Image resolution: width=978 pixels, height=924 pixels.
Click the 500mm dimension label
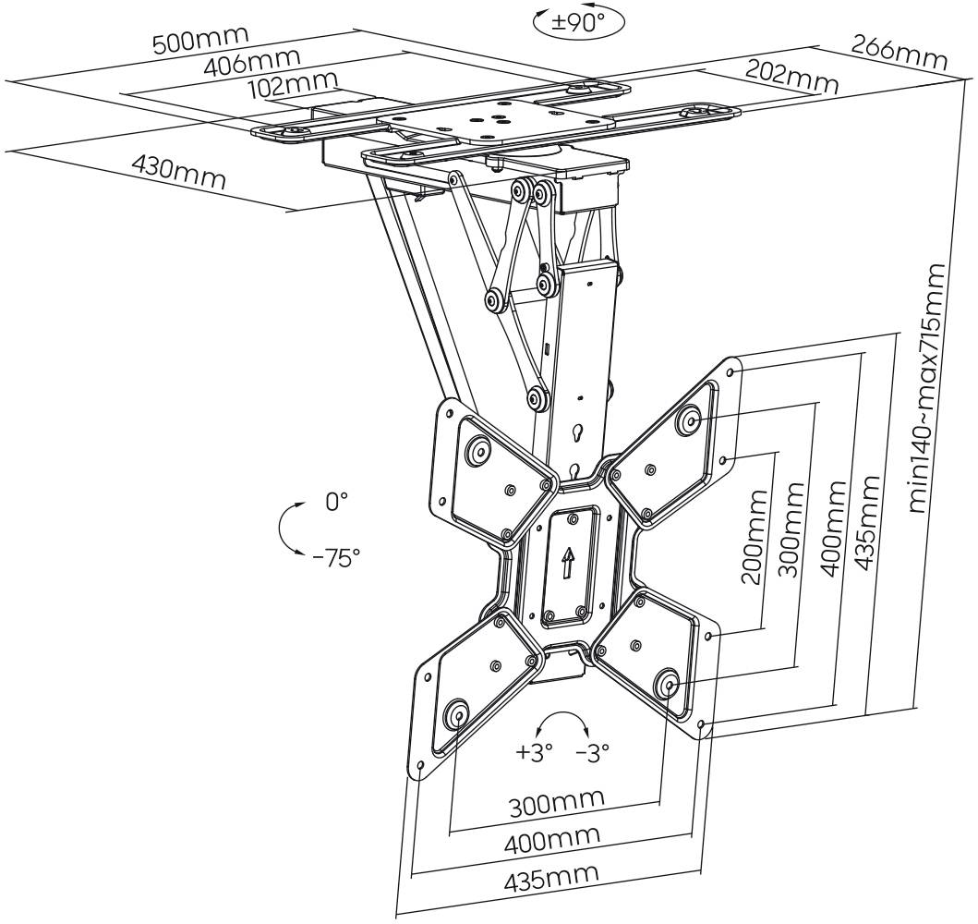click(x=200, y=42)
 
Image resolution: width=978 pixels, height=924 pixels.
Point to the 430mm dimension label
click(x=178, y=171)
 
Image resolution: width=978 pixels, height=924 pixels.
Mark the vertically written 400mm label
click(x=832, y=528)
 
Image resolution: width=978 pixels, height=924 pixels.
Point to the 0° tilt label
click(x=336, y=502)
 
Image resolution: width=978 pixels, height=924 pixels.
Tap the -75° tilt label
click(x=336, y=557)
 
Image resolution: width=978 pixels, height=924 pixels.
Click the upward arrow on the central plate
click(x=568, y=561)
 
